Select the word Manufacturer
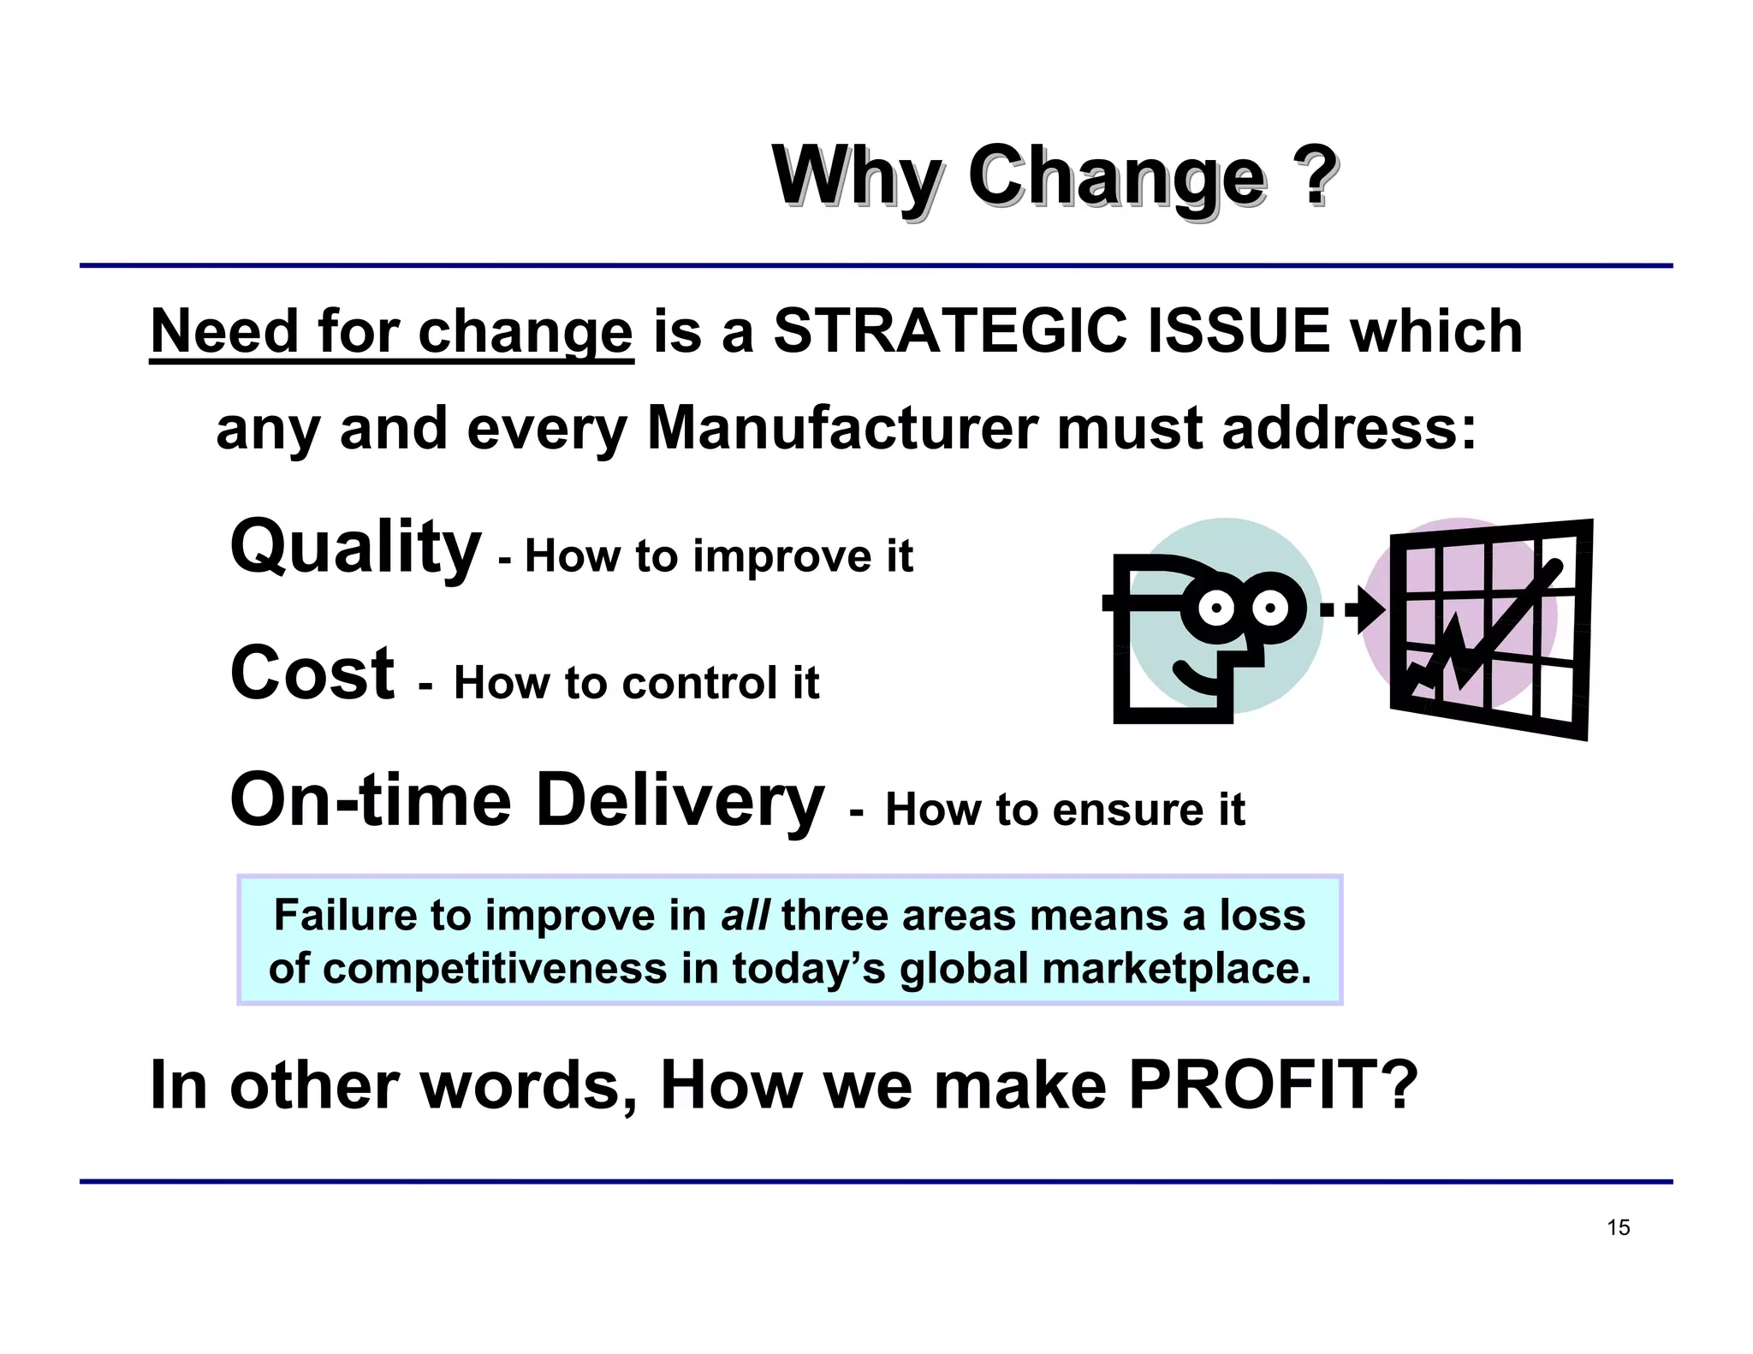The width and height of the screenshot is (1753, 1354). (x=842, y=428)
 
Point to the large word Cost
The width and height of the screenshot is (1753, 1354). (x=312, y=674)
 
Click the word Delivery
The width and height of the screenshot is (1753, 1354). (x=680, y=800)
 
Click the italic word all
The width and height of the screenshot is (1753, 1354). (x=745, y=915)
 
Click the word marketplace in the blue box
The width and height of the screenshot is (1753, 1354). (x=1177, y=969)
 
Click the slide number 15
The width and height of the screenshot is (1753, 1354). (x=1618, y=1227)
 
